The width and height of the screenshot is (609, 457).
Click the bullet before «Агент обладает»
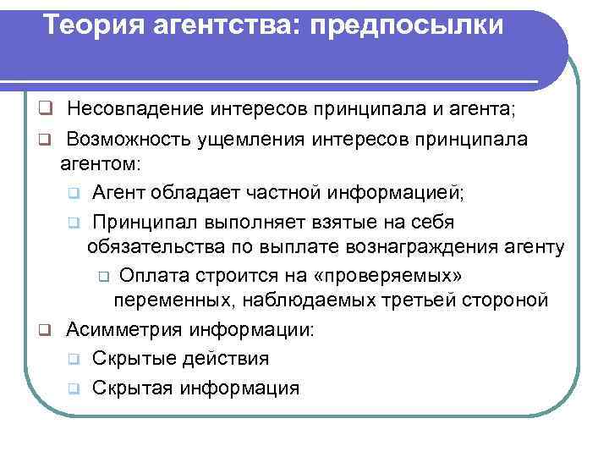point(74,195)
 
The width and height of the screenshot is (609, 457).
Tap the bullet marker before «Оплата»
point(102,277)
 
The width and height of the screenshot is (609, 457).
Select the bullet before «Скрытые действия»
point(74,360)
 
